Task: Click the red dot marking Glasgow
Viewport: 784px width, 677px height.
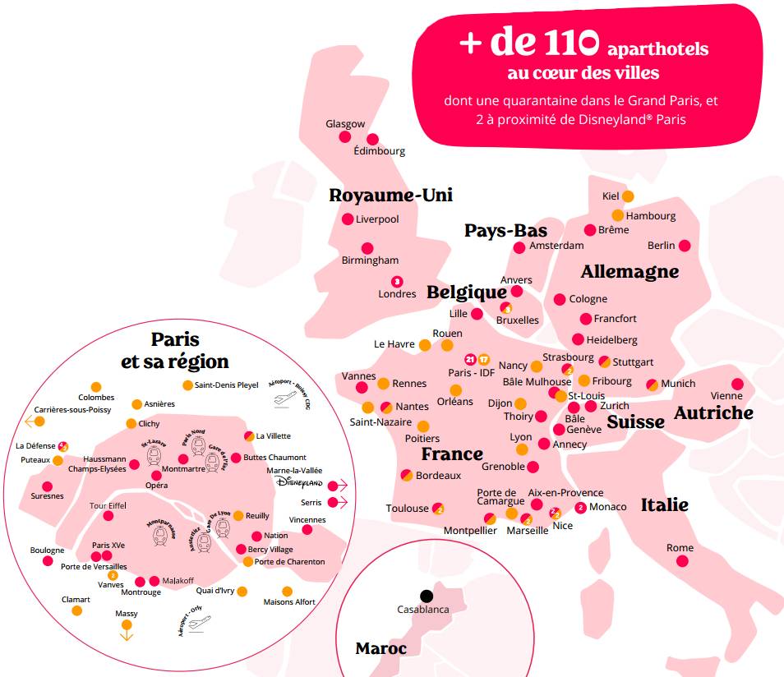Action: click(x=345, y=136)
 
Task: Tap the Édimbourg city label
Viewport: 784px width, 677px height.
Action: click(x=379, y=151)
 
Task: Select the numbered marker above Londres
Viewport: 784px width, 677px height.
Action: click(x=397, y=281)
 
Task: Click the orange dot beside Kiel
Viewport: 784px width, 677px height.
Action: click(x=628, y=196)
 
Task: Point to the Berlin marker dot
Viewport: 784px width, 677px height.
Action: click(x=685, y=246)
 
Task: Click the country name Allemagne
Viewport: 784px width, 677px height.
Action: click(x=630, y=271)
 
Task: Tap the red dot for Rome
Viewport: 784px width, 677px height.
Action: click(x=682, y=561)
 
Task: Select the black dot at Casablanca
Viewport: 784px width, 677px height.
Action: click(x=426, y=596)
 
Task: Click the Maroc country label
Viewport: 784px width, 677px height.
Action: click(x=380, y=648)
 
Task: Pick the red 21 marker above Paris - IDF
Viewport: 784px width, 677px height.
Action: click(x=470, y=359)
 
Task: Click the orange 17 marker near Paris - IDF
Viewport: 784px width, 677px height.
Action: click(x=484, y=359)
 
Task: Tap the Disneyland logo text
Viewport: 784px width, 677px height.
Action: click(x=296, y=482)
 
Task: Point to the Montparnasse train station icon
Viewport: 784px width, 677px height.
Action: click(x=163, y=534)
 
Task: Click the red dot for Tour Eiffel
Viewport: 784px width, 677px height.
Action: click(x=108, y=516)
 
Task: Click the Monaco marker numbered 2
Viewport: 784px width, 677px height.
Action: click(x=581, y=507)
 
